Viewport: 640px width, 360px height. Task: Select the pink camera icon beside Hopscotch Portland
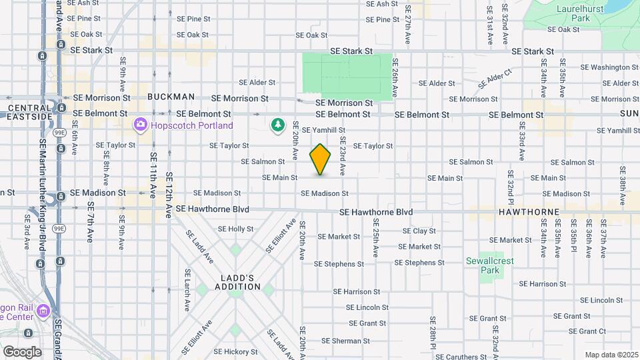[x=140, y=125]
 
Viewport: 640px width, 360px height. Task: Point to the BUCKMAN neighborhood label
[x=171, y=97]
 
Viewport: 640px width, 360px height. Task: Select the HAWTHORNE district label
[x=527, y=211]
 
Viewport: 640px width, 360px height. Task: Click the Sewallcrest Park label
[x=490, y=265]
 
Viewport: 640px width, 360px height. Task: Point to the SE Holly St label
[x=236, y=229]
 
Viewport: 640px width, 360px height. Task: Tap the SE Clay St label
[x=419, y=231]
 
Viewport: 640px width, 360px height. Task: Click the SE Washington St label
[x=609, y=67]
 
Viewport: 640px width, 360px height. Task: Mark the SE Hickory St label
[x=235, y=351]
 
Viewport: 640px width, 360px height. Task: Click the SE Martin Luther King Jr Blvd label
[x=43, y=180]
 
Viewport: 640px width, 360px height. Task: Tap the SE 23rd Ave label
[x=342, y=156]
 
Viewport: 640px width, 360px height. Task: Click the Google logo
[x=22, y=351]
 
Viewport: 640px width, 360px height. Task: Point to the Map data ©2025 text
[x=611, y=355]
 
